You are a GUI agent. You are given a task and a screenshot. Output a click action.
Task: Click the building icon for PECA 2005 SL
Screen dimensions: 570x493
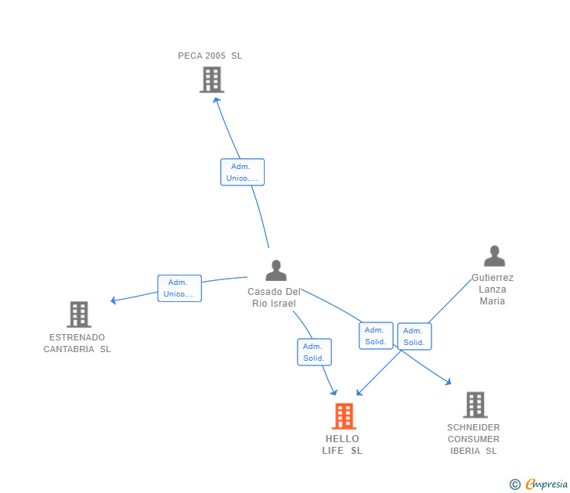coord(211,80)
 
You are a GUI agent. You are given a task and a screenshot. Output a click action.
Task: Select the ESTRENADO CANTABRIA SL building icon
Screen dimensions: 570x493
coord(79,315)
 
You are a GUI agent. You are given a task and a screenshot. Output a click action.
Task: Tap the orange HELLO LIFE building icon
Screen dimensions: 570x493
coord(344,416)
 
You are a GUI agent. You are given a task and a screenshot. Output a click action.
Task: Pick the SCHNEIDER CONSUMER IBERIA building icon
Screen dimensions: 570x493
coord(475,405)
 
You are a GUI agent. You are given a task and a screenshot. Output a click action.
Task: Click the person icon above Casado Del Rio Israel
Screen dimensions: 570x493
coord(276,271)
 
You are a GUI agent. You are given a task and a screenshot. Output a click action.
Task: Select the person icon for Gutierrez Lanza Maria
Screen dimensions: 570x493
coord(494,257)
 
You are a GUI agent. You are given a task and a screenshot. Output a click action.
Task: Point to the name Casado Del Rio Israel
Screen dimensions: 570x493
coord(274,297)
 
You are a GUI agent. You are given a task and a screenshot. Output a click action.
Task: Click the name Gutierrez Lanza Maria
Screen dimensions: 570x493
coord(492,290)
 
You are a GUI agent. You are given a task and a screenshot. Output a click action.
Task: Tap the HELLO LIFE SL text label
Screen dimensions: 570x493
coord(342,444)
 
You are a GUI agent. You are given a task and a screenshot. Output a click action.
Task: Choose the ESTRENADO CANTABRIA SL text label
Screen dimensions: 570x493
coord(78,344)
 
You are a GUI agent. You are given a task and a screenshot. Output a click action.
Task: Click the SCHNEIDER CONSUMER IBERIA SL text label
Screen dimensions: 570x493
coord(474,439)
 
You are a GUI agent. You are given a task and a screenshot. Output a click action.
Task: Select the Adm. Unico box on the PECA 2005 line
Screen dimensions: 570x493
coord(242,172)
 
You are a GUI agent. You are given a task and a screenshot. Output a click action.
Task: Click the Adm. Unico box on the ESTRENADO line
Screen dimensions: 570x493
coord(179,289)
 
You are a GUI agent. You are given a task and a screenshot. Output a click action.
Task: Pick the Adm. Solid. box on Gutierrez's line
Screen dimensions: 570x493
coord(414,336)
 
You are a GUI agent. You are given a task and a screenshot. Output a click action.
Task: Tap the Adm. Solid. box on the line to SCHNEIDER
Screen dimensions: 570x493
coord(376,336)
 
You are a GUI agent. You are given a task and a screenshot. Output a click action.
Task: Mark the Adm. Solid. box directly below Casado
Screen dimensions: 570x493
coord(314,352)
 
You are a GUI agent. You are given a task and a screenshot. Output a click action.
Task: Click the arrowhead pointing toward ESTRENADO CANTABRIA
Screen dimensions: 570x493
coord(114,300)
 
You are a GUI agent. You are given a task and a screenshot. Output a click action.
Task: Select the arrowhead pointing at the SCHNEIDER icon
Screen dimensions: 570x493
coord(447,382)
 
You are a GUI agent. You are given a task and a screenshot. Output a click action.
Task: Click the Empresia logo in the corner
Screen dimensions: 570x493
coord(539,484)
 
